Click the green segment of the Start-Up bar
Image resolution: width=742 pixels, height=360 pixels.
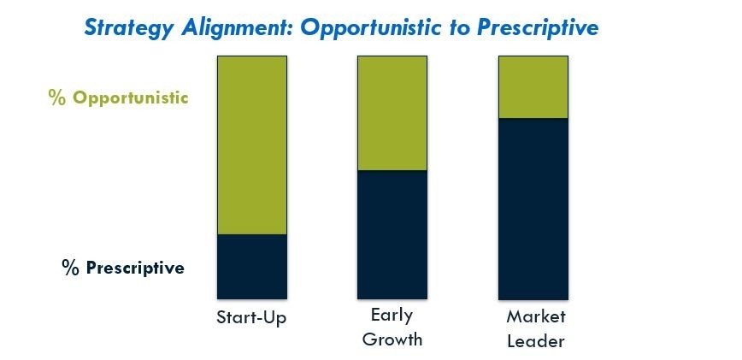[x=251, y=145]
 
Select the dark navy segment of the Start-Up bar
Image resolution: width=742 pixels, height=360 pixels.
[x=251, y=266]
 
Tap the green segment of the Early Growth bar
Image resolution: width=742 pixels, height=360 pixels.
[x=392, y=113]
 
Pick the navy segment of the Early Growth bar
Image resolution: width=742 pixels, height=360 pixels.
[x=392, y=234]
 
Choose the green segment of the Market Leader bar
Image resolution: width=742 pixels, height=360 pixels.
[x=533, y=87]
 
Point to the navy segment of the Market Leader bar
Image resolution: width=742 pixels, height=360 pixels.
[x=533, y=209]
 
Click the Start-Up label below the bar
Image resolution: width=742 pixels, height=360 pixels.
[x=251, y=317]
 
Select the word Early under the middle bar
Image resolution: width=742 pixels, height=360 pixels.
[x=392, y=316]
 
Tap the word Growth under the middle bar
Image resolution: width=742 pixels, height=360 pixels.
[x=392, y=339]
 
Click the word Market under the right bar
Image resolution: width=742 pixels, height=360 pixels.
[x=536, y=316]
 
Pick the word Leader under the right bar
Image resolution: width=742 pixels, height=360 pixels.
[x=536, y=340]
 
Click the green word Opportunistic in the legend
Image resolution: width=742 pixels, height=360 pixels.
[x=131, y=98]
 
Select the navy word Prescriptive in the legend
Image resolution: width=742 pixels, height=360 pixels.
[x=135, y=268]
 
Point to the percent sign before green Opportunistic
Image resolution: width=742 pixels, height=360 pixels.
[x=57, y=98]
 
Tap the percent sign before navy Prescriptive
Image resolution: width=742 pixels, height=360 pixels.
[x=70, y=268]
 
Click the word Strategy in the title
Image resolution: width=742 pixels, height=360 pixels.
[x=128, y=28]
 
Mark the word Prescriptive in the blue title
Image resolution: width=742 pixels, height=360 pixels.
[x=538, y=28]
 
